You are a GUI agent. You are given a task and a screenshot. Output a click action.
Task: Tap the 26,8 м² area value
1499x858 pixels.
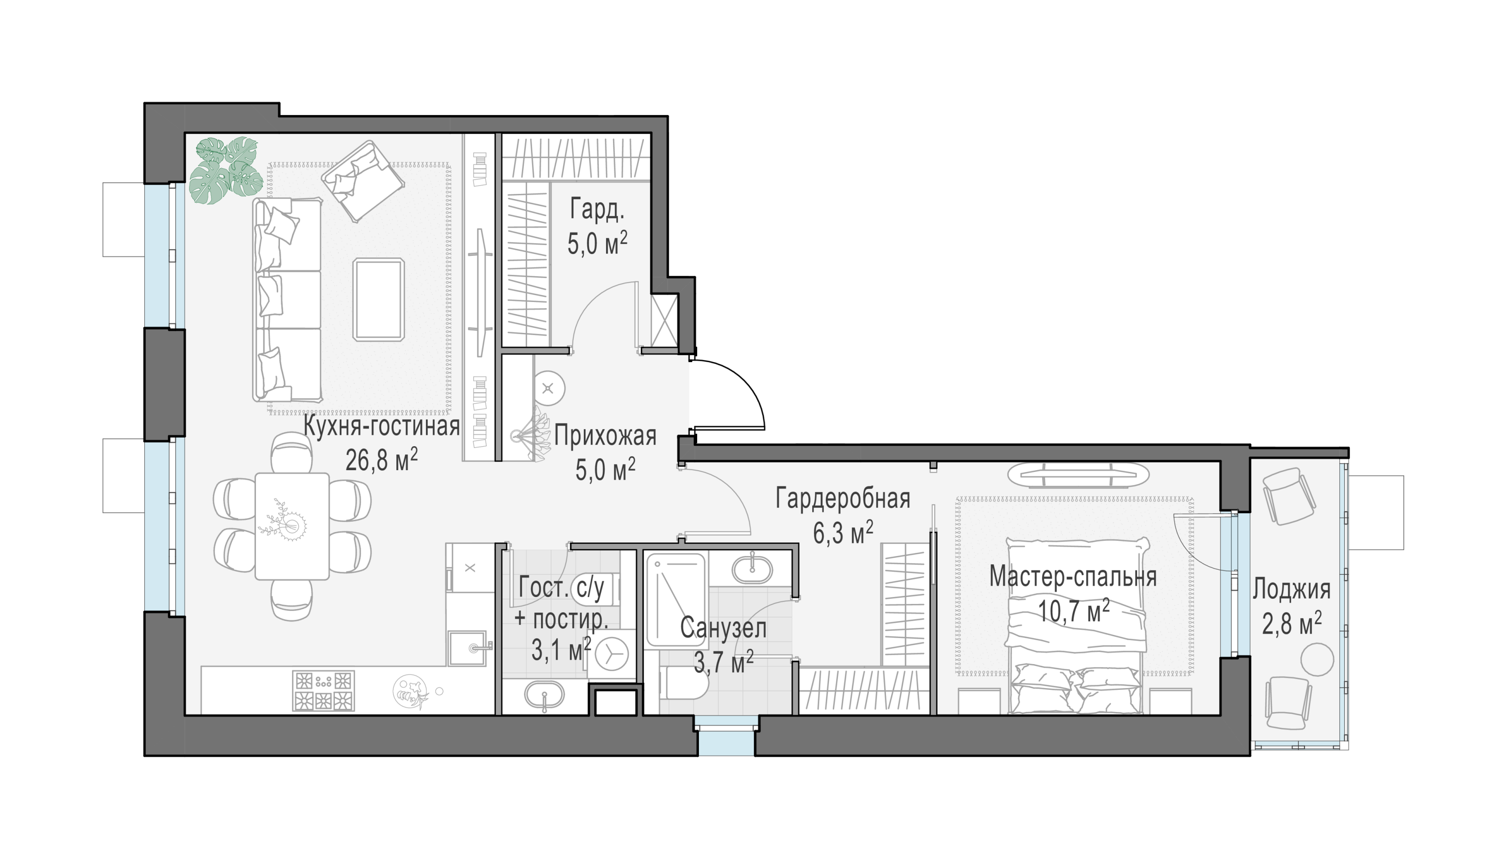point(381,459)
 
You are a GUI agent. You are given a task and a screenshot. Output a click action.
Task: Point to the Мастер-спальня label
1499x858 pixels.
point(1073,577)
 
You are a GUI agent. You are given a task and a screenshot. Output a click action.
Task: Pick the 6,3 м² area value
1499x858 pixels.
point(843,533)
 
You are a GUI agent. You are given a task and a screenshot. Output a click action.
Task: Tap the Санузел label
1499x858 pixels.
point(723,628)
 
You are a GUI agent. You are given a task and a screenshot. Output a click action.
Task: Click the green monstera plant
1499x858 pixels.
point(226,170)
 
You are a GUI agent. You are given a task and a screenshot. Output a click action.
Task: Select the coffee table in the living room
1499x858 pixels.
point(379,299)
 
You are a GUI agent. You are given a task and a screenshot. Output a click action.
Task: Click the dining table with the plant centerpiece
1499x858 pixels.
point(292,526)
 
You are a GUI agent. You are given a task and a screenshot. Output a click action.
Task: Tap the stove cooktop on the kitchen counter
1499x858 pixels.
point(324,690)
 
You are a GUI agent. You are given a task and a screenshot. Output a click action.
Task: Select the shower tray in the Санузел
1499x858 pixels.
point(676,599)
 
